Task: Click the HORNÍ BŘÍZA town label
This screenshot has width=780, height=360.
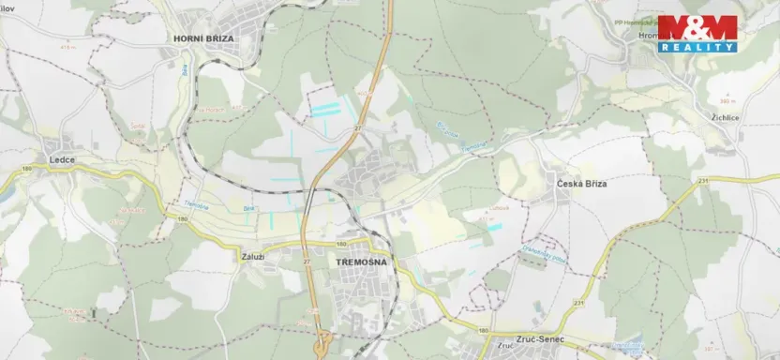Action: [203, 37]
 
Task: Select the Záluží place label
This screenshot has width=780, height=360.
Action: [252, 254]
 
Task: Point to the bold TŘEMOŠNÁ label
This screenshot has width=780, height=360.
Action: [357, 264]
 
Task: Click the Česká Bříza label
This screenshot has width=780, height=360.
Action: [581, 185]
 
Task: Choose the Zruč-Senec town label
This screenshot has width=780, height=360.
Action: [526, 334]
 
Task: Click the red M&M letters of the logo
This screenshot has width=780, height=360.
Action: [697, 28]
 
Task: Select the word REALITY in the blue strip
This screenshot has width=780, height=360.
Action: [697, 47]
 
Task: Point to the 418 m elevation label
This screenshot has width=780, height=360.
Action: [66, 46]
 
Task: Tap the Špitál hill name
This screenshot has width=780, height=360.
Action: [138, 123]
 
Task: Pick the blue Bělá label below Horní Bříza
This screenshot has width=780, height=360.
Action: [185, 70]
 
